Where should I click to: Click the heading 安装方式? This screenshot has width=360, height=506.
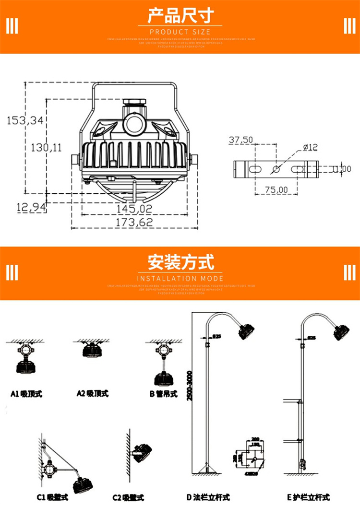pos(180,263)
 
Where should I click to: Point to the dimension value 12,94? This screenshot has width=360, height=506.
pos(31,208)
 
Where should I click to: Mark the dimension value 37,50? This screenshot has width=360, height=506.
pos(241,140)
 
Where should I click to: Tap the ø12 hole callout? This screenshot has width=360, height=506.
pos(311,147)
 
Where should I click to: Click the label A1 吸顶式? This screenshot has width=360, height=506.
pos(26,394)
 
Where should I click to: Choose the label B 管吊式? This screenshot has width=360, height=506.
pos(163,394)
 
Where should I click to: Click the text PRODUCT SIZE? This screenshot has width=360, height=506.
pos(180,32)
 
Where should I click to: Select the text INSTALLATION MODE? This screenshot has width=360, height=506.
pos(180,278)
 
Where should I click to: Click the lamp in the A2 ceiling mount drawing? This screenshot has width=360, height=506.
pos(91,351)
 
